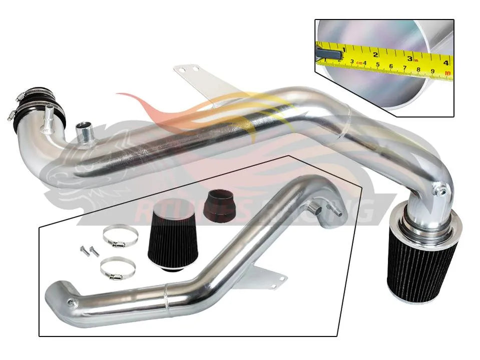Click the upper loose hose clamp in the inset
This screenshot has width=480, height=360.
pyautogui.click(x=120, y=235)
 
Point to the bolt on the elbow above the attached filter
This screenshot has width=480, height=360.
pyautogui.click(x=441, y=190)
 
